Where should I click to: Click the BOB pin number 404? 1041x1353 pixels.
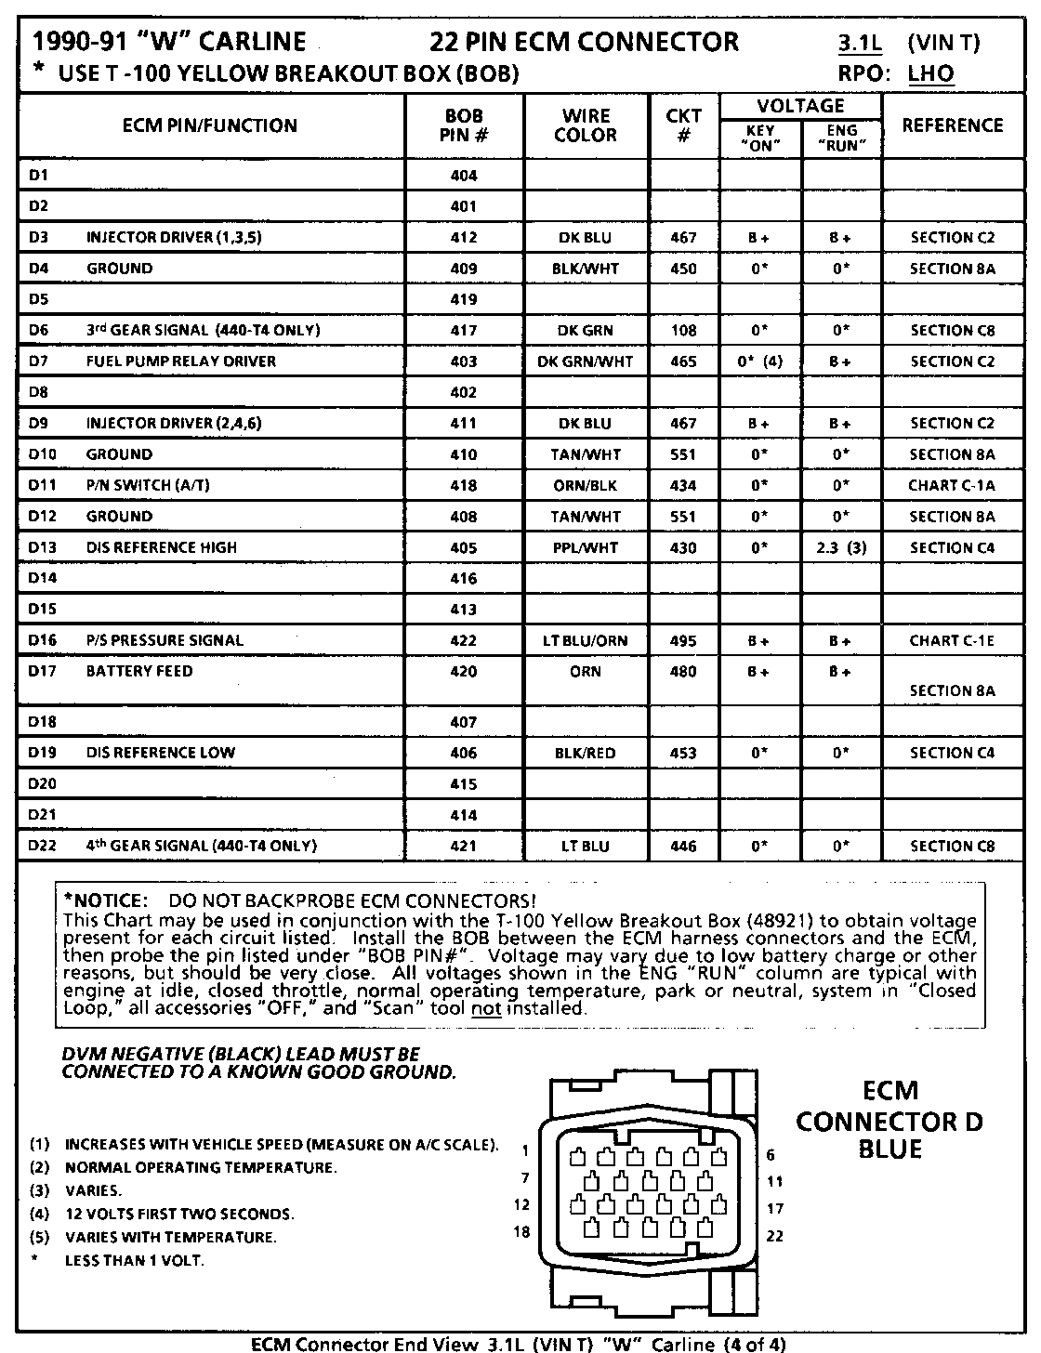coord(463,176)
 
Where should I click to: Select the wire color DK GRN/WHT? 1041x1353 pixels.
coord(585,361)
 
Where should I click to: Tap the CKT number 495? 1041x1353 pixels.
coord(683,640)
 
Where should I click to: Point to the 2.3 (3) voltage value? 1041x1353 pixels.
coord(841,547)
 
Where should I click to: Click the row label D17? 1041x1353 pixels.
coord(43,671)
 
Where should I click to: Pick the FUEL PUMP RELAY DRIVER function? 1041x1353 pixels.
coord(181,361)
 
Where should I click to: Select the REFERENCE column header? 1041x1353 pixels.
coord(952,125)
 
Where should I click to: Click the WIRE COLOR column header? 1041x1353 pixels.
coord(585,125)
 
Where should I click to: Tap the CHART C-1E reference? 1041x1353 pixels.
coord(952,640)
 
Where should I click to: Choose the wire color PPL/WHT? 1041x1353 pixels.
coord(585,547)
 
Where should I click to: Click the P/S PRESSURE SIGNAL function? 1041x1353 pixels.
coord(165,640)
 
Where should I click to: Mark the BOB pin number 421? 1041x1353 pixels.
coord(463,846)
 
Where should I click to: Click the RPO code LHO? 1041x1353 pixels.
coord(931,73)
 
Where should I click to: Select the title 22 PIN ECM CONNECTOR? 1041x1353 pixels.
coord(585,42)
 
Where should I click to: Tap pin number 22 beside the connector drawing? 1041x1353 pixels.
coord(773,1236)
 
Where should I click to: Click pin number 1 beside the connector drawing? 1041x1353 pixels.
coord(525,1150)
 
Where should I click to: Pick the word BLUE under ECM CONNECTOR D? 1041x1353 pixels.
coord(889,1149)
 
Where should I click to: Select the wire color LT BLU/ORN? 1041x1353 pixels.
coord(585,640)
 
